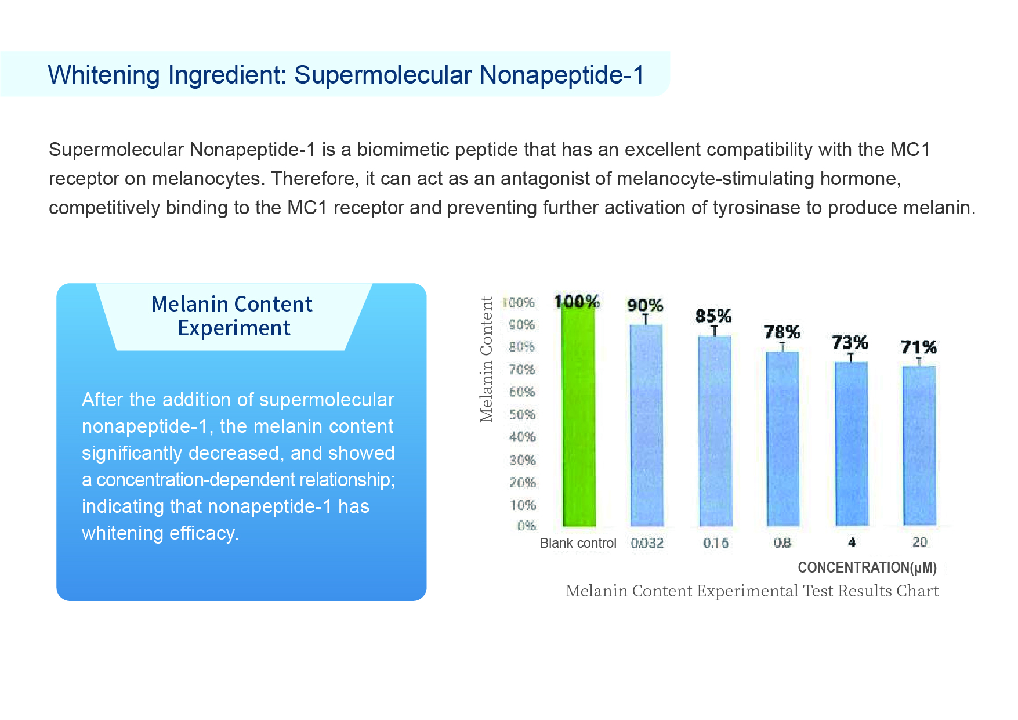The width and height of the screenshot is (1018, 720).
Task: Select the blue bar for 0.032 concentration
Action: click(647, 425)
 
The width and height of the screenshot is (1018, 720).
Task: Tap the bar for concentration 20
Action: click(919, 446)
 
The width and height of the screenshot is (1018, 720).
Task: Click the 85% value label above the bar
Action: click(713, 316)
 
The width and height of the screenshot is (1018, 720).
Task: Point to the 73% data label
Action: click(850, 342)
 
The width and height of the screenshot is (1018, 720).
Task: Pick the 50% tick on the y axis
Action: click(522, 415)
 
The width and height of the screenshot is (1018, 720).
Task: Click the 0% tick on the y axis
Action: click(526, 526)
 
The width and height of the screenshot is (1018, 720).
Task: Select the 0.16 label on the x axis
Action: click(716, 543)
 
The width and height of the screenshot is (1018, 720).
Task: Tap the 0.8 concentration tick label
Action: click(782, 542)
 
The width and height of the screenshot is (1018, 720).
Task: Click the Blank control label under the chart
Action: click(578, 543)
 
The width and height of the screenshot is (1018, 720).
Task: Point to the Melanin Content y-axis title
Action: click(486, 359)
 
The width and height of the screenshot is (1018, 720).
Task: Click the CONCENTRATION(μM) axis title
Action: click(867, 567)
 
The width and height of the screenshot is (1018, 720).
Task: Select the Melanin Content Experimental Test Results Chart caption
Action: click(752, 591)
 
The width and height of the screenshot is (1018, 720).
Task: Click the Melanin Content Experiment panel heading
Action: click(232, 316)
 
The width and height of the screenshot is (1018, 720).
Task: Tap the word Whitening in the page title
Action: click(104, 75)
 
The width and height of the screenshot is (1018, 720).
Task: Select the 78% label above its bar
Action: click(782, 332)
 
